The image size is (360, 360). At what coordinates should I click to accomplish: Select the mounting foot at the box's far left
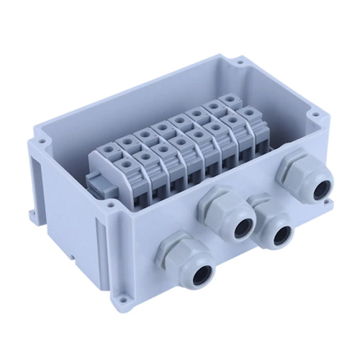tap(32, 214)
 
